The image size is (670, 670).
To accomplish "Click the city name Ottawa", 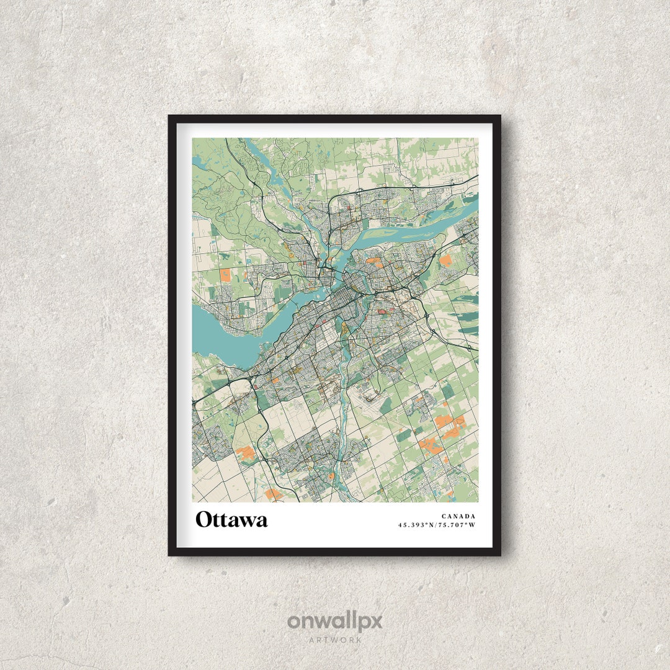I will tap(231, 519).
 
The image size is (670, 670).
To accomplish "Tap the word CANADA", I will tap(458, 516).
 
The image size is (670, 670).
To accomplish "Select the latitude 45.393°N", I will tap(418, 525).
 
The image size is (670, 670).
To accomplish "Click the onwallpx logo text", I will tap(334, 621).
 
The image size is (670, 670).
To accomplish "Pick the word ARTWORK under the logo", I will tap(334, 639).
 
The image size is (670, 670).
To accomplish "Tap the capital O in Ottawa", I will tap(204, 519).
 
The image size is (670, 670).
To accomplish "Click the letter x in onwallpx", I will tap(375, 621).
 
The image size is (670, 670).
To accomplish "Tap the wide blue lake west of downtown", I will tap(220, 338).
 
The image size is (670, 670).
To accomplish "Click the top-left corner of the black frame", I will tap(169, 116).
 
